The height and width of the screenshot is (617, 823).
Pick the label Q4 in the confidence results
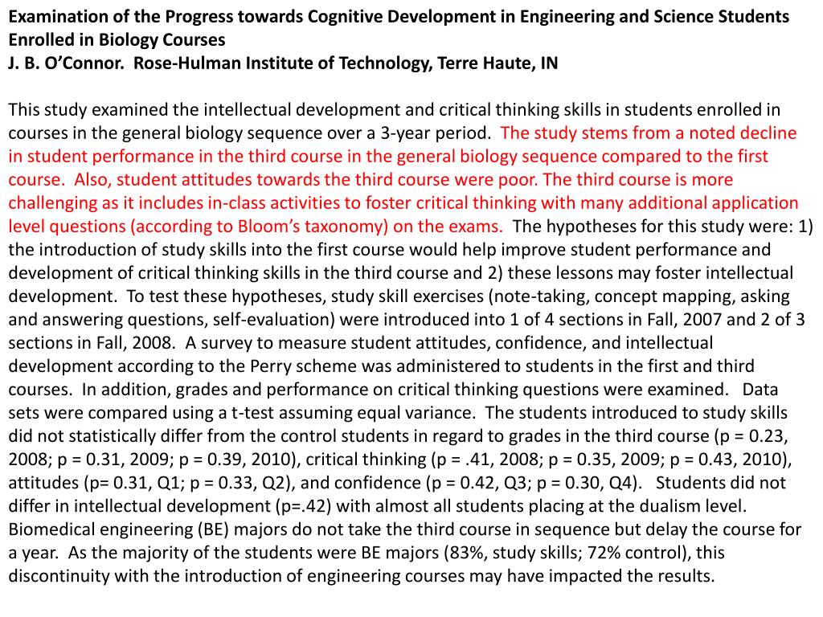click(x=620, y=484)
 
